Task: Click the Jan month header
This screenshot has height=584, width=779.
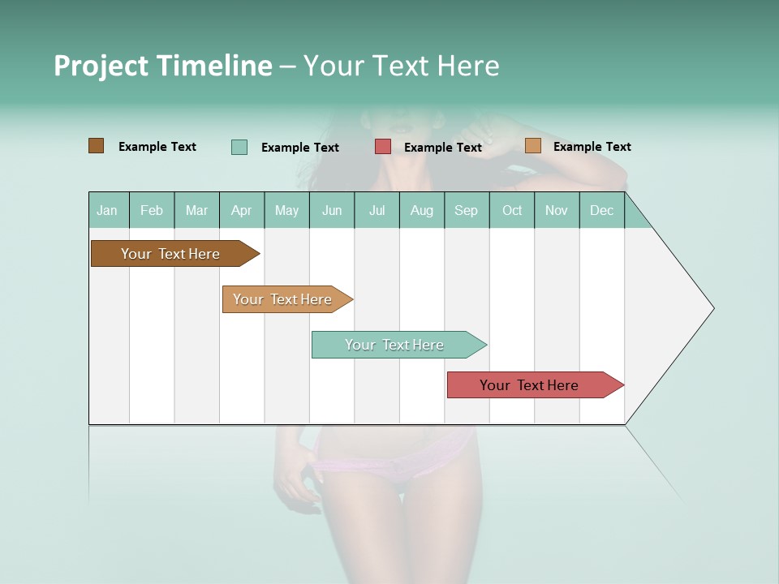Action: coord(108,210)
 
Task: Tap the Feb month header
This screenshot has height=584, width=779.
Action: coord(152,210)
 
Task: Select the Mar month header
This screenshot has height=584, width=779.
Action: coord(196,210)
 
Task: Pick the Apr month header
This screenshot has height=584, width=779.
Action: coord(242,210)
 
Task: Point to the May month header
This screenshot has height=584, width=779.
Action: coord(286,210)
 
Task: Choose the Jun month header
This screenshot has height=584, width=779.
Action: coord(332,210)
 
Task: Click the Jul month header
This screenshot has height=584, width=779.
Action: coord(377,210)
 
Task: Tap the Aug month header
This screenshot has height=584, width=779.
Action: coord(422,210)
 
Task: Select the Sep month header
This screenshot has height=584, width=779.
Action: coord(467,210)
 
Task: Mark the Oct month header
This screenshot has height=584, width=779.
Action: coord(512,210)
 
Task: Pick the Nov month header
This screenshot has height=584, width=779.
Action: coord(557,210)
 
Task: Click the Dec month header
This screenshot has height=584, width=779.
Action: coord(602,210)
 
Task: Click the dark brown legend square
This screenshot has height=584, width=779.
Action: coord(97,146)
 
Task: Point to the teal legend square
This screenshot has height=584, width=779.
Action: coord(239,147)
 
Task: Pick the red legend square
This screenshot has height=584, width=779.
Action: coord(383,147)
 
